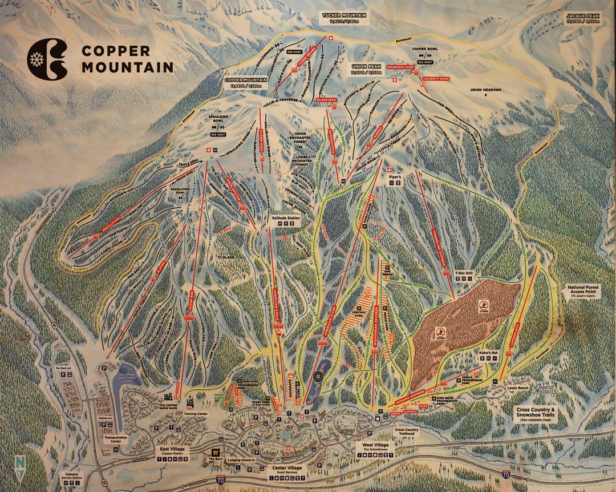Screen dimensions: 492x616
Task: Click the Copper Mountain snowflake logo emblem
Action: pyautogui.click(x=47, y=58)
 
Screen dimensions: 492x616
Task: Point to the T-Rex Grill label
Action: pyautogui.click(x=465, y=273)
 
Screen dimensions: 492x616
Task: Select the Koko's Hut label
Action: pyautogui.click(x=489, y=354)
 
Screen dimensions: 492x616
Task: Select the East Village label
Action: pyautogui.click(x=171, y=450)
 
